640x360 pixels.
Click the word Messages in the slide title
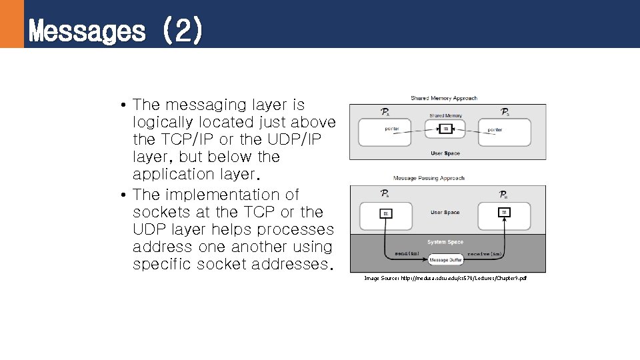pyautogui.click(x=87, y=31)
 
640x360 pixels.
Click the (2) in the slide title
pyautogui.click(x=181, y=31)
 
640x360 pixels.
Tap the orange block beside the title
pyautogui.click(x=11, y=24)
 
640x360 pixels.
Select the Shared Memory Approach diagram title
pyautogui.click(x=444, y=98)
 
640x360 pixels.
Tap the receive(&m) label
pyautogui.click(x=485, y=254)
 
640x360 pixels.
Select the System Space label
pyautogui.click(x=445, y=242)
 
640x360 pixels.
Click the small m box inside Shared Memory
pyautogui.click(x=446, y=128)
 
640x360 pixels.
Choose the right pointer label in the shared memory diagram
pyautogui.click(x=495, y=129)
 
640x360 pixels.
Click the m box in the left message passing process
pyautogui.click(x=386, y=213)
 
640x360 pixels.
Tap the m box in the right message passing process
pyautogui.click(x=505, y=212)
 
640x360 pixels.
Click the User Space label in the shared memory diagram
pyautogui.click(x=445, y=153)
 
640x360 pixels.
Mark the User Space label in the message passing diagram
pyautogui.click(x=445, y=212)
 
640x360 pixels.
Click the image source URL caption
pyautogui.click(x=445, y=278)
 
